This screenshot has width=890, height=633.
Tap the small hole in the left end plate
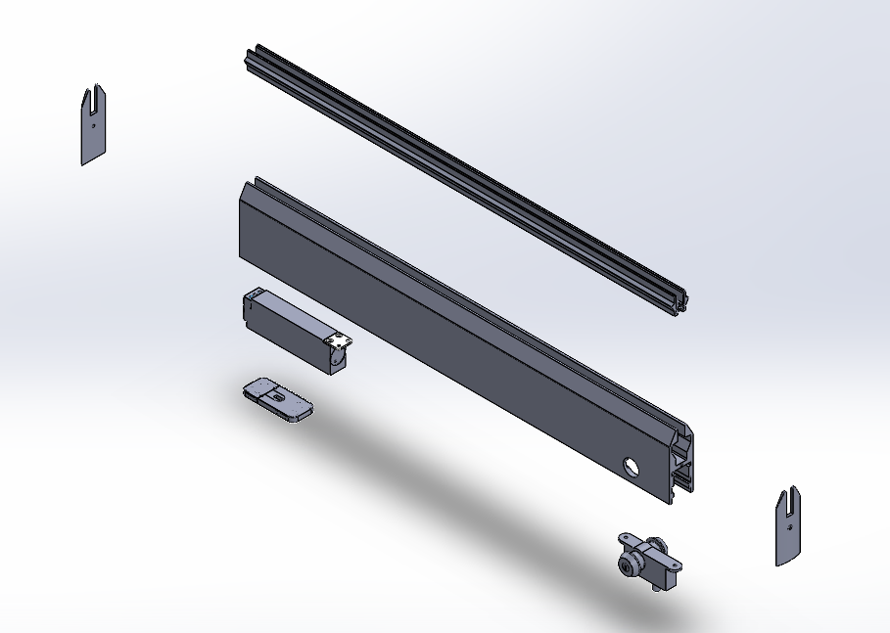[92, 124]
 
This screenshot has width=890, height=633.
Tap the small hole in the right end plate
[789, 525]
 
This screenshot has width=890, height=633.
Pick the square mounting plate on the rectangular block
[339, 343]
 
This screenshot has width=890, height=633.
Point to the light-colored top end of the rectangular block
[255, 294]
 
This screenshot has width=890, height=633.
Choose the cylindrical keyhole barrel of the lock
[627, 565]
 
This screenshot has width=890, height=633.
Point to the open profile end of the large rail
[683, 465]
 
